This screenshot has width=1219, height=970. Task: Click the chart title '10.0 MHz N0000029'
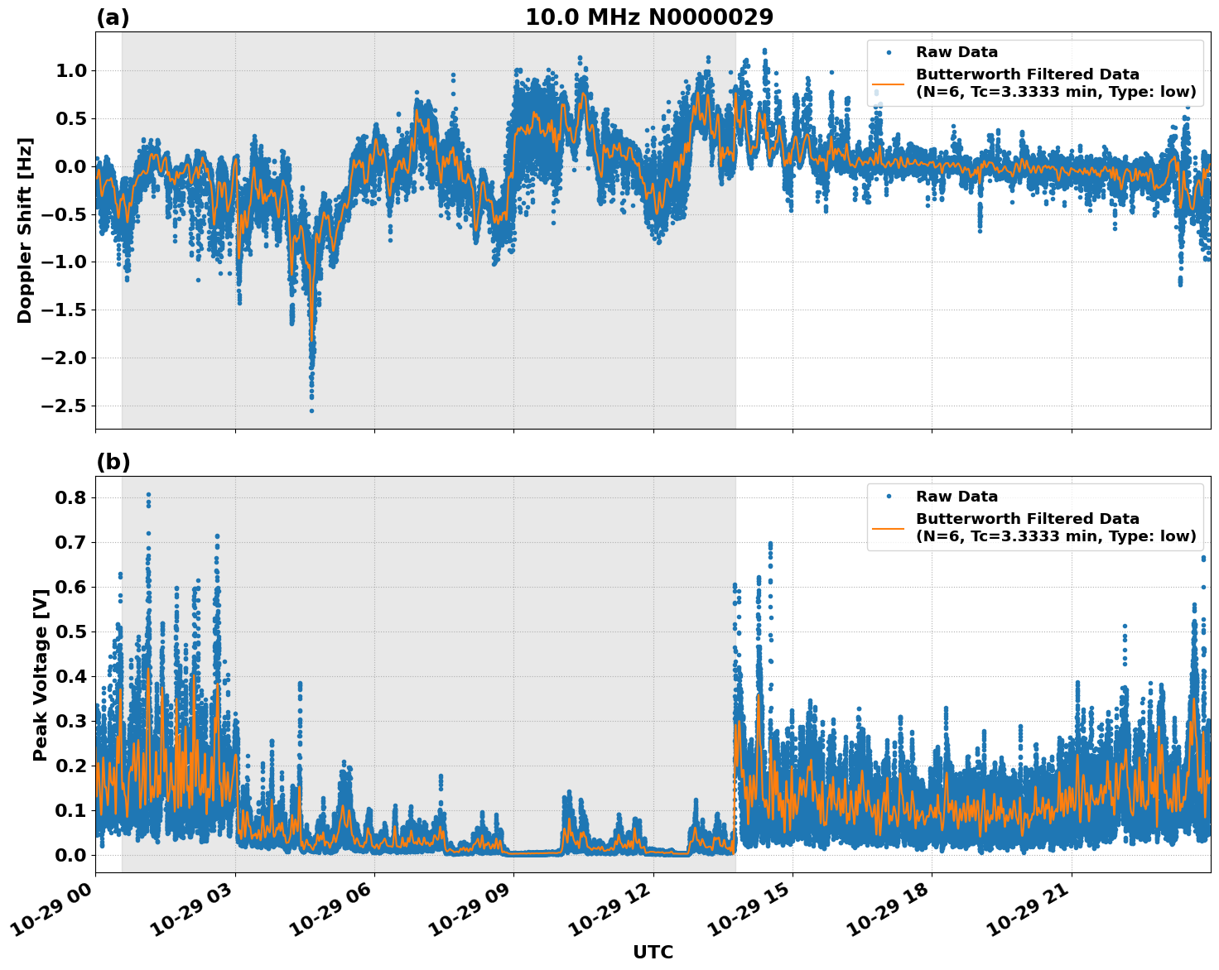click(x=649, y=17)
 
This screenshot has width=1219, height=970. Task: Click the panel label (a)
click(x=113, y=17)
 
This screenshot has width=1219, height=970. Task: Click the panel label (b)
click(x=113, y=462)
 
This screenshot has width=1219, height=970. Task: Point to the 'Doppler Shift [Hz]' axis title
click(x=25, y=230)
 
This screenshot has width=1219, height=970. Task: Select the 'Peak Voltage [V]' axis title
click(x=40, y=674)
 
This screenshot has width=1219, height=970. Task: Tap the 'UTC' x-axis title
click(x=653, y=952)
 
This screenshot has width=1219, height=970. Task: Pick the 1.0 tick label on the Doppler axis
click(x=70, y=71)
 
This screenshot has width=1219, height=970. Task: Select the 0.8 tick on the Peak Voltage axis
click(x=70, y=498)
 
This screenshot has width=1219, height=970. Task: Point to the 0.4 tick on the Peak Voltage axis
click(x=70, y=677)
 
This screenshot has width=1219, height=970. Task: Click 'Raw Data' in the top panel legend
click(x=956, y=52)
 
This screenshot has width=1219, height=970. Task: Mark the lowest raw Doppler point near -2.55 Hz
click(x=311, y=411)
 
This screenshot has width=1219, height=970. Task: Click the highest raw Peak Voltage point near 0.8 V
click(x=148, y=495)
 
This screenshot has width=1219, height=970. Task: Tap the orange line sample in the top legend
click(x=889, y=84)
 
